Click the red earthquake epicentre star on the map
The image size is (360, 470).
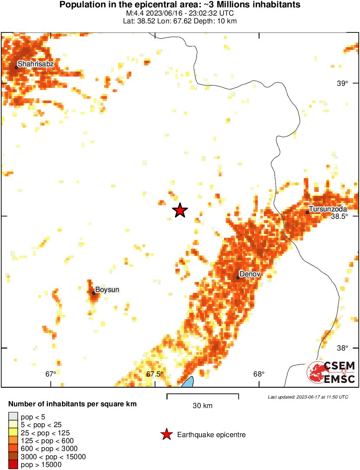pyautogui.click(x=180, y=211)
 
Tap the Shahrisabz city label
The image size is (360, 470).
pyautogui.click(x=36, y=64)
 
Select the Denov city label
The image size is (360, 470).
pyautogui.click(x=250, y=274)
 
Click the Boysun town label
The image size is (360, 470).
pyautogui.click(x=107, y=289)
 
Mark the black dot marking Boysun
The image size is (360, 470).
pyautogui.click(x=94, y=293)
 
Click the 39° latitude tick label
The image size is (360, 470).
pyautogui.click(x=342, y=84)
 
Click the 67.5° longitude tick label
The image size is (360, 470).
pyautogui.click(x=155, y=374)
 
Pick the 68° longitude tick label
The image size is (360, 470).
pyautogui.click(x=259, y=374)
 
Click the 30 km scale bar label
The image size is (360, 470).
pyautogui.click(x=202, y=406)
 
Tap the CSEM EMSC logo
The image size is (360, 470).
pyautogui.click(x=331, y=372)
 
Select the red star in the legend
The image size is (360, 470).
pyautogui.click(x=166, y=434)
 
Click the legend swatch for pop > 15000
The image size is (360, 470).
pyautogui.click(x=13, y=465)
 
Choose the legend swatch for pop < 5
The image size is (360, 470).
pyautogui.click(x=13, y=417)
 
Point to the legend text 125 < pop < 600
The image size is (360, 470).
pyautogui.click(x=42, y=441)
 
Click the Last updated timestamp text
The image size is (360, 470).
pyautogui.click(x=308, y=397)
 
